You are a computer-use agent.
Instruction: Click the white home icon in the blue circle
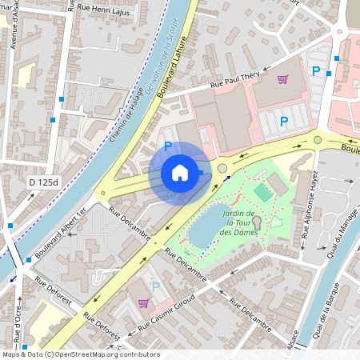tap(180, 173)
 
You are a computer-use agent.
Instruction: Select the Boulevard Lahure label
tap(174, 70)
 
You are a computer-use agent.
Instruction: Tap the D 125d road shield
tap(42, 182)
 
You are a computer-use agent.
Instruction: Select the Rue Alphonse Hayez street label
tap(310, 206)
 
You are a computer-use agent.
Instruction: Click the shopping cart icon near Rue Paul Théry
tap(282, 79)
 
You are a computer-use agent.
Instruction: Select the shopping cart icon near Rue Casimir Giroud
tap(144, 303)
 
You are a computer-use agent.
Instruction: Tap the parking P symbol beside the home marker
tap(167, 146)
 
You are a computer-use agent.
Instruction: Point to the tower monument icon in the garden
tap(257, 231)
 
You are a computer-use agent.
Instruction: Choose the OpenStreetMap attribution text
tap(80, 354)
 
